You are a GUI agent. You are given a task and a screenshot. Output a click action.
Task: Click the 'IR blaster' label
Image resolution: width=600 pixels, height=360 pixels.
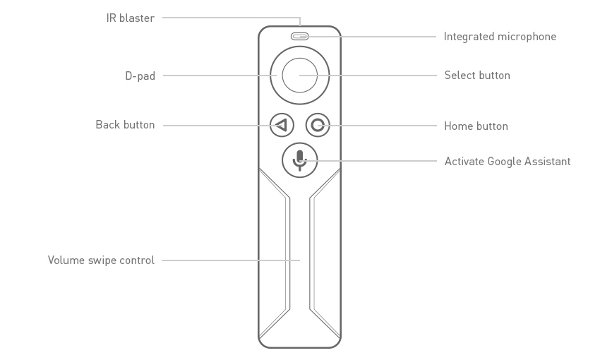click(x=130, y=18)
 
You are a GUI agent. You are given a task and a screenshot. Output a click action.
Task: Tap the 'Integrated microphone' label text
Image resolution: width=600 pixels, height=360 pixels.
click(x=500, y=37)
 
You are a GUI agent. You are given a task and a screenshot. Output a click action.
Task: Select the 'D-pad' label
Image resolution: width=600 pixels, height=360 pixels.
click(x=140, y=76)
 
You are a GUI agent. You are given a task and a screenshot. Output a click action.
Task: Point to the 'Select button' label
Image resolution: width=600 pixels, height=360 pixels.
click(x=477, y=76)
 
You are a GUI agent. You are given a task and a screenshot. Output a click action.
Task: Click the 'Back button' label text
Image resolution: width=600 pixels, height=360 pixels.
click(x=125, y=125)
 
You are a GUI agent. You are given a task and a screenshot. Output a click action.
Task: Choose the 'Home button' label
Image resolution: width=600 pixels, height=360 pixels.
click(x=476, y=126)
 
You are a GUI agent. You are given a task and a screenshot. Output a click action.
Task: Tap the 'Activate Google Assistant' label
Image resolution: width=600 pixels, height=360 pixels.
click(x=507, y=162)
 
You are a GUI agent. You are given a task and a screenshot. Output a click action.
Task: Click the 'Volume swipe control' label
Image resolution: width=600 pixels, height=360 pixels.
click(x=101, y=260)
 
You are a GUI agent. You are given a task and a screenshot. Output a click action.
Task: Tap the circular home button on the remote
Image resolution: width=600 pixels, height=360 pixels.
click(x=318, y=126)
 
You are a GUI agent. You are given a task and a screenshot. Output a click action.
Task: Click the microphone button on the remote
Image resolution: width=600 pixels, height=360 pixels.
click(x=300, y=160)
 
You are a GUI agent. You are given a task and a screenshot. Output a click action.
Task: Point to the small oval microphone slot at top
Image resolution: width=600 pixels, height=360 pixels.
click(x=299, y=36)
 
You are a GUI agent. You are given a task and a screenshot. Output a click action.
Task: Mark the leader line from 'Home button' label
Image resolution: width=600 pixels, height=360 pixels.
click(x=381, y=126)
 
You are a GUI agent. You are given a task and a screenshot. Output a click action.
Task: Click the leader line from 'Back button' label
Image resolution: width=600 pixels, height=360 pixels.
click(x=212, y=126)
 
